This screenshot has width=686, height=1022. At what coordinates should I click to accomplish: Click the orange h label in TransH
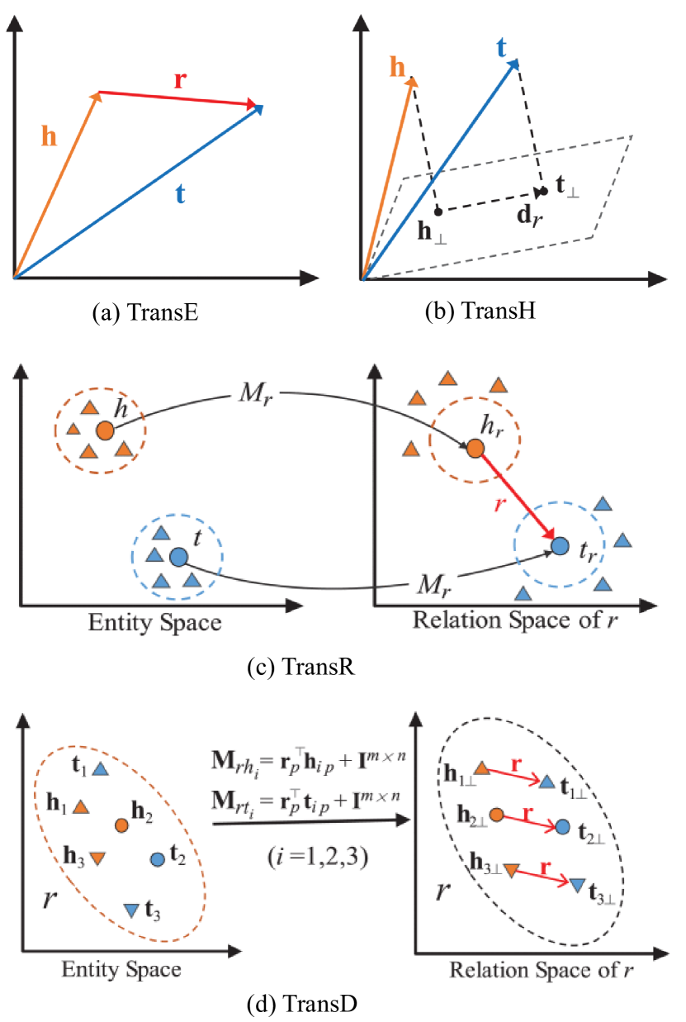[400, 67]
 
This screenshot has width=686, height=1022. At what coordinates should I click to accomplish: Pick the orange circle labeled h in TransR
[105, 430]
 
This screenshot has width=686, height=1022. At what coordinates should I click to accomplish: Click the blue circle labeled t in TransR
[177, 557]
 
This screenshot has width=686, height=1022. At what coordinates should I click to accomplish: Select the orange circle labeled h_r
[475, 449]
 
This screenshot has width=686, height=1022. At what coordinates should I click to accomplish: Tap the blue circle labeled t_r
[560, 545]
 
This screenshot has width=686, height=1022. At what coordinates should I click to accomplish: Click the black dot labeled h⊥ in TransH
[438, 210]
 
